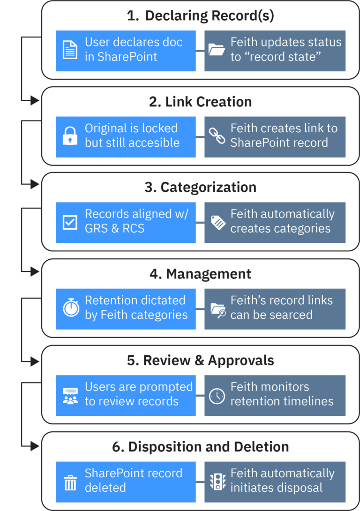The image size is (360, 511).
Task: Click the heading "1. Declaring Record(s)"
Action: point(200,16)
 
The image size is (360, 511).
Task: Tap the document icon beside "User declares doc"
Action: point(70,50)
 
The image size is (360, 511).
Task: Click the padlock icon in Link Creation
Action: point(70,136)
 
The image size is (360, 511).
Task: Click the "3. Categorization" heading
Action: point(200,188)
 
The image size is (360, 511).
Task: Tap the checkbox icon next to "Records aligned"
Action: point(70,222)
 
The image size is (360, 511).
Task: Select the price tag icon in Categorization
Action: point(217,222)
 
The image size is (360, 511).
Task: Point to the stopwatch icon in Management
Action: point(71,308)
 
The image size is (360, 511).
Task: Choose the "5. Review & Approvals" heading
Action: point(200,361)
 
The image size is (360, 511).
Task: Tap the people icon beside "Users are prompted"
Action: point(70,395)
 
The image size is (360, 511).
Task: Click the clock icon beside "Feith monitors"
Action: point(217,395)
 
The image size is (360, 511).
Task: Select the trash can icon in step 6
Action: point(70,481)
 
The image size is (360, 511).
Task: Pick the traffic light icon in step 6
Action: point(217,481)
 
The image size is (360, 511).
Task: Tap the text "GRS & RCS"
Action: point(114,228)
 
